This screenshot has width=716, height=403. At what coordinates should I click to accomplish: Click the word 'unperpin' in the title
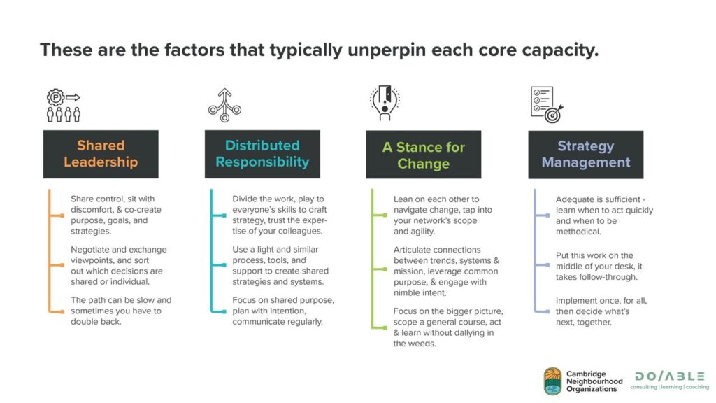[387, 50]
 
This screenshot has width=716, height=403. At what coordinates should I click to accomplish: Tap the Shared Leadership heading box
[101, 154]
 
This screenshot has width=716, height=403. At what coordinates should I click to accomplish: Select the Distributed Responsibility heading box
[262, 154]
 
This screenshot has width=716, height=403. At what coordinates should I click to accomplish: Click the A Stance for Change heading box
[423, 155]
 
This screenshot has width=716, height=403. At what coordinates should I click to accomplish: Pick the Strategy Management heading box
[586, 155]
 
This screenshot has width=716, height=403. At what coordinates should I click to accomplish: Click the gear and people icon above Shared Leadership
[64, 105]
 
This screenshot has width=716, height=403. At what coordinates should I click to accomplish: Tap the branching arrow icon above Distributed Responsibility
[224, 105]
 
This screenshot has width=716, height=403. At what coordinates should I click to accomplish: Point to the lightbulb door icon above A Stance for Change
[385, 103]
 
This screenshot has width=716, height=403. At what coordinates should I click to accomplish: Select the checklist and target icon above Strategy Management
[547, 105]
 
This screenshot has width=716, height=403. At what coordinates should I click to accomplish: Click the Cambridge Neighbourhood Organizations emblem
[552, 381]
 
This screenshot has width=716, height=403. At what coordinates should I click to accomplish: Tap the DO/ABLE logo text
[670, 376]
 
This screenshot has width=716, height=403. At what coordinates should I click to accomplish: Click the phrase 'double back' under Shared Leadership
[95, 322]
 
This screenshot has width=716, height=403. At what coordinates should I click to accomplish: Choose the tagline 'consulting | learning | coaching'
[670, 387]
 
